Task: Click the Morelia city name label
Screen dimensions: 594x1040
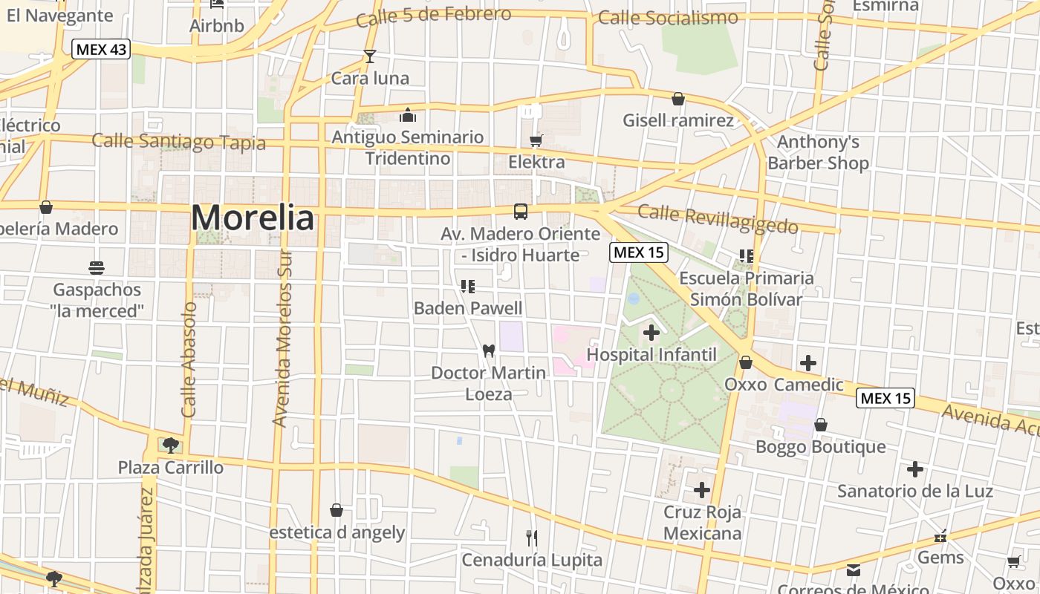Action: (253, 218)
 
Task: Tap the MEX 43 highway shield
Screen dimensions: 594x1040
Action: (101, 50)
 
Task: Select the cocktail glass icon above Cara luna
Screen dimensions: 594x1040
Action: (369, 56)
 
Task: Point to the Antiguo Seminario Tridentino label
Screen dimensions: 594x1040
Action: (407, 148)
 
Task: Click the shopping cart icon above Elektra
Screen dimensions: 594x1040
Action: (536, 141)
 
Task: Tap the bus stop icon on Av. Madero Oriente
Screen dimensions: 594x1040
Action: (521, 211)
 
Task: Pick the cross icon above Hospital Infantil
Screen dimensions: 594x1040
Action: (651, 333)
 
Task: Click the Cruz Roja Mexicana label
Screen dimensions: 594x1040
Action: (702, 523)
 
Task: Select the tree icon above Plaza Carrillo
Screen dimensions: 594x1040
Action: (170, 446)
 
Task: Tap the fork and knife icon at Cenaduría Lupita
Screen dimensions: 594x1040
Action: (532, 538)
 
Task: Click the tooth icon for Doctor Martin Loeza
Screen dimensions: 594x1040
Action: (488, 350)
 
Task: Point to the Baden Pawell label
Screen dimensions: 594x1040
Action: (468, 307)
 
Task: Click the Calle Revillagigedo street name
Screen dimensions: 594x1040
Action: (718, 219)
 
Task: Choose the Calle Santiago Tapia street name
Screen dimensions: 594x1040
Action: (178, 141)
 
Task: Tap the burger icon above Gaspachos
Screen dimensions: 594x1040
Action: (97, 267)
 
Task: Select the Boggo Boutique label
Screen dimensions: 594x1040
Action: (820, 446)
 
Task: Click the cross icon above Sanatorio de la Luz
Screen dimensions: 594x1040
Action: (915, 469)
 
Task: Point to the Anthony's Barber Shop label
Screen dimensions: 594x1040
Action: (818, 152)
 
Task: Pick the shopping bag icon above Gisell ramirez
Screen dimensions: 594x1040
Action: (677, 99)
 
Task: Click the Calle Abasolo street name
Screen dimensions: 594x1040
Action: (189, 359)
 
